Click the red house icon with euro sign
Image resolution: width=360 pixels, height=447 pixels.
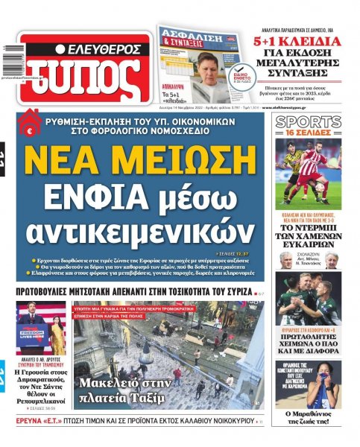point(31,120)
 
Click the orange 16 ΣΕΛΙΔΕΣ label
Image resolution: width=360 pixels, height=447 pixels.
point(309,133)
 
